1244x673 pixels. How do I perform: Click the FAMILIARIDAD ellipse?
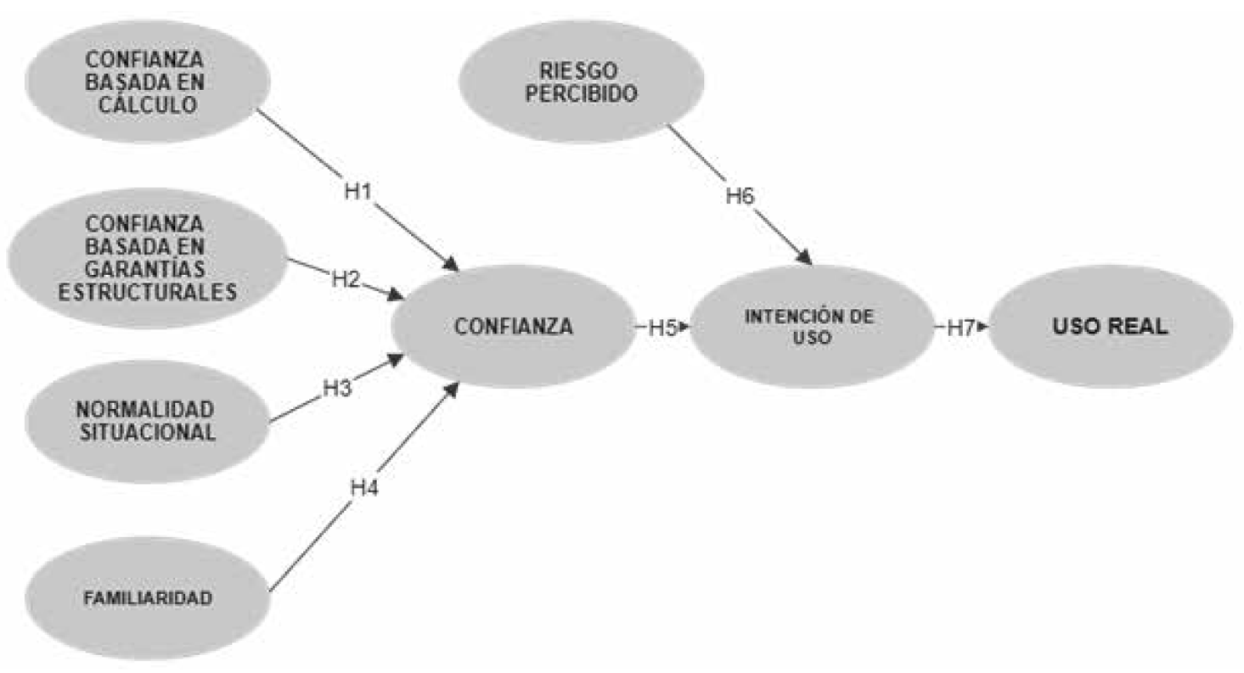coord(147,597)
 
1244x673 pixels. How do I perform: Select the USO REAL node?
coord(1110,327)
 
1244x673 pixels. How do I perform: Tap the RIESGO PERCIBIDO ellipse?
coord(582,81)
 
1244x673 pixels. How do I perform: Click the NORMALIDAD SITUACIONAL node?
coord(147,420)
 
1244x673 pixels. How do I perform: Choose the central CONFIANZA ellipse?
coord(513,327)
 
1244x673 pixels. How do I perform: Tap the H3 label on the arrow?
coord(336,389)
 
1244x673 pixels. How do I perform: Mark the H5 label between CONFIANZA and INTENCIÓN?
coord(662,328)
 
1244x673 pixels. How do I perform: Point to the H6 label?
coord(740,195)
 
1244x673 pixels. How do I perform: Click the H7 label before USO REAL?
coord(960,328)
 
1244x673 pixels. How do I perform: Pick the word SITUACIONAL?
coord(147,431)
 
